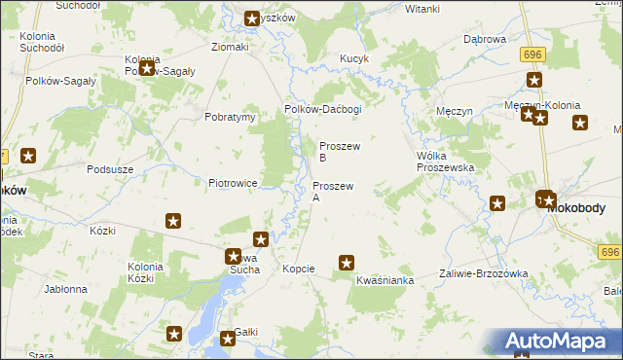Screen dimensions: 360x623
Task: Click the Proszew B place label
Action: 340,151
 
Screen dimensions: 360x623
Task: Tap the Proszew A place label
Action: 333,191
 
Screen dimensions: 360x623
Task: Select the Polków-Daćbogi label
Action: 322,109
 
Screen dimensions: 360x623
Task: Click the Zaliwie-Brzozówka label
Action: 483,273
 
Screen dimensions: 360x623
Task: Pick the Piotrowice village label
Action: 232,182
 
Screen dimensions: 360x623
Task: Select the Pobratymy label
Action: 230,117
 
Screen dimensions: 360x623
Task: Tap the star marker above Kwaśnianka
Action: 346,262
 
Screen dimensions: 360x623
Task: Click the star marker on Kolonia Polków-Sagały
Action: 147,68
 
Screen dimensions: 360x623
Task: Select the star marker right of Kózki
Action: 173,222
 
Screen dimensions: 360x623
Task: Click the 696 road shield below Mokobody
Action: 609,252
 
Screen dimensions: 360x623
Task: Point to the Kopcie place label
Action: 298,268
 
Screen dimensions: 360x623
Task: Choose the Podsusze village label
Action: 109,168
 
